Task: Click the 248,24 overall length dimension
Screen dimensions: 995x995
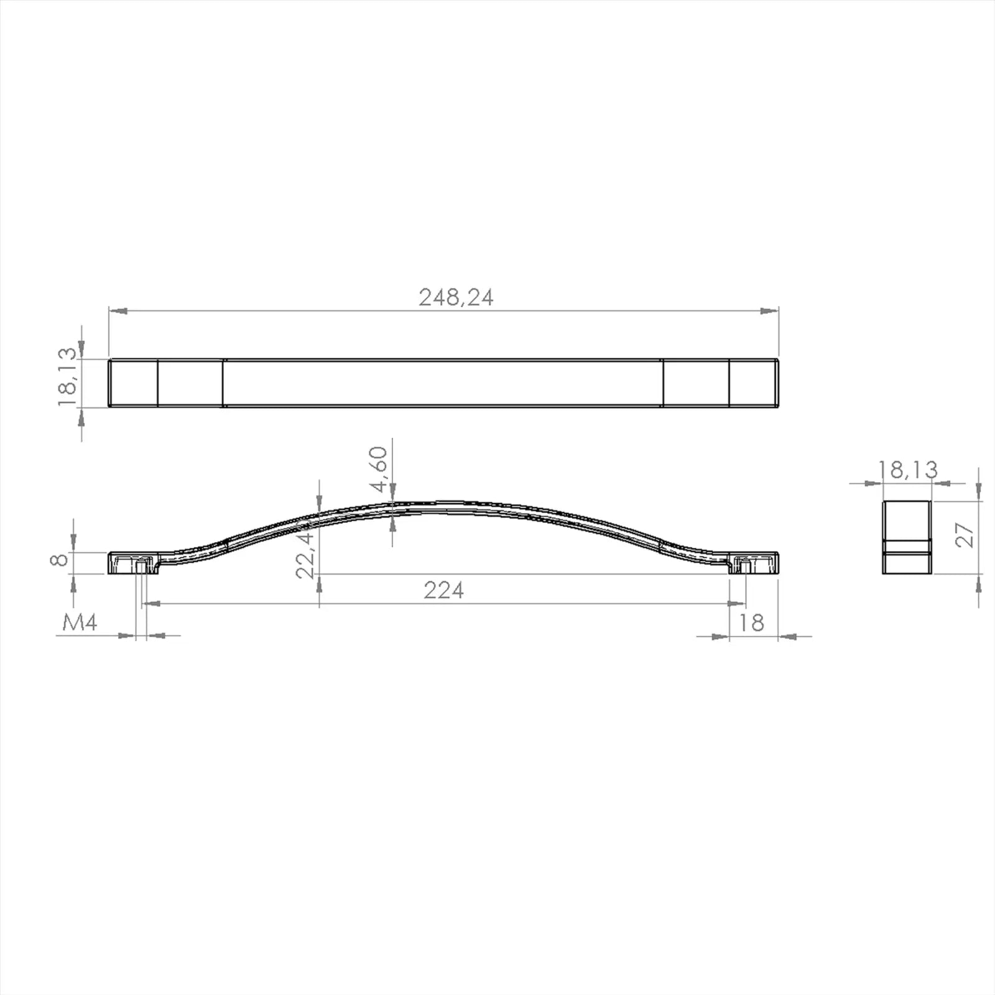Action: [x=456, y=297]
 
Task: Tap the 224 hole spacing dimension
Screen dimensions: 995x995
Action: [x=444, y=590]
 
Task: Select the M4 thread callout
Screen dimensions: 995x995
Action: [x=80, y=622]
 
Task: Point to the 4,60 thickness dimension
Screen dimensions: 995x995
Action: [x=378, y=470]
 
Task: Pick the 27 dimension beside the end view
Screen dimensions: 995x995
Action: [x=964, y=535]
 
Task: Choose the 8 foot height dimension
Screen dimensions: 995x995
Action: [x=59, y=560]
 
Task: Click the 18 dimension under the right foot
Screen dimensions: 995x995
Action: [x=751, y=622]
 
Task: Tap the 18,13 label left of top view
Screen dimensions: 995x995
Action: [x=67, y=377]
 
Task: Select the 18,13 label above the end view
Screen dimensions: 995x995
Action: [x=908, y=470]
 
